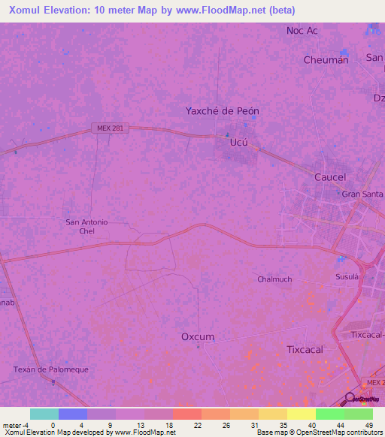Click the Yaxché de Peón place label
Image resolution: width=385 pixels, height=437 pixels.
pyautogui.click(x=223, y=111)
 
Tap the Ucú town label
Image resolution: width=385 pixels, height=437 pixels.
pyautogui.click(x=238, y=142)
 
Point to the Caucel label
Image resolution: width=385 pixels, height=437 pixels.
pyautogui.click(x=329, y=177)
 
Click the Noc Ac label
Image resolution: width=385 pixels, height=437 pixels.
pyautogui.click(x=302, y=31)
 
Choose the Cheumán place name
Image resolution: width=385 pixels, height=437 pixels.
pyautogui.click(x=326, y=60)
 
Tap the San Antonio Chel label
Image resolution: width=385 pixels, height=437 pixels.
pyautogui.click(x=87, y=226)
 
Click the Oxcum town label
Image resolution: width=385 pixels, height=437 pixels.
pyautogui.click(x=198, y=337)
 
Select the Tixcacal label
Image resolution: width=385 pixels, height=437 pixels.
pyautogui.click(x=305, y=350)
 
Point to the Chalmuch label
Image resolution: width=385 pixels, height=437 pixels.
pyautogui.click(x=274, y=279)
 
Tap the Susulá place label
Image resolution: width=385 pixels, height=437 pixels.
pyautogui.click(x=347, y=277)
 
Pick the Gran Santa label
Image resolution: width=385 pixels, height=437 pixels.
pyautogui.click(x=362, y=194)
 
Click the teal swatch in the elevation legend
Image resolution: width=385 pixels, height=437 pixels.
pyautogui.click(x=44, y=414)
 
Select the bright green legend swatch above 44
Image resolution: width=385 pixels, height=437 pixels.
pyautogui.click(x=330, y=414)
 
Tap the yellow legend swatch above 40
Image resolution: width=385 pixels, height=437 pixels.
pyautogui.click(x=302, y=414)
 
